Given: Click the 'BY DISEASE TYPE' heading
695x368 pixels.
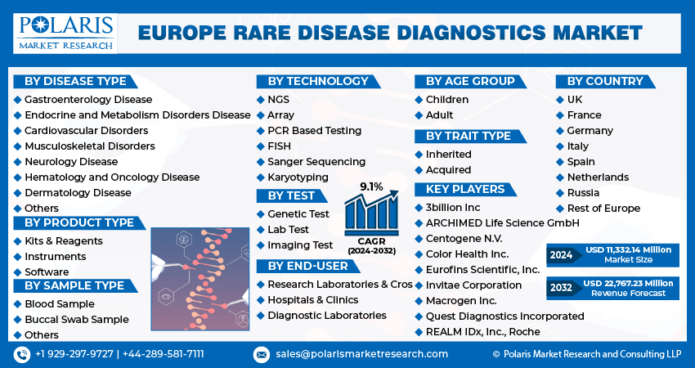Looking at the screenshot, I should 75,81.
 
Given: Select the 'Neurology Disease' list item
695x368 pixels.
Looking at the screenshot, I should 71,162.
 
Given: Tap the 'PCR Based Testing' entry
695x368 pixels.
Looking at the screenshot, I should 314,131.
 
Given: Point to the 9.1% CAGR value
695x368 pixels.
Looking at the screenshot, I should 372,186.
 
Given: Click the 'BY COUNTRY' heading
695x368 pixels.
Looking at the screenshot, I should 605,81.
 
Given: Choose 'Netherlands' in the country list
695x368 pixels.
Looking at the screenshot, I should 598,177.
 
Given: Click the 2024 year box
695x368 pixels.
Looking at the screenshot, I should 561,255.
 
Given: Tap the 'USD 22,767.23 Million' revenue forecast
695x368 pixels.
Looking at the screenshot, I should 629,283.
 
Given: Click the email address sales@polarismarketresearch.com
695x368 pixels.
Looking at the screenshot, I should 361,354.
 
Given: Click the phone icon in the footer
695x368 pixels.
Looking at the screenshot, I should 22,354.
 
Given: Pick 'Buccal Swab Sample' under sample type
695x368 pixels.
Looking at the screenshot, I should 76,320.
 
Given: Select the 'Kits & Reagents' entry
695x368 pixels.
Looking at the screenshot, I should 64,241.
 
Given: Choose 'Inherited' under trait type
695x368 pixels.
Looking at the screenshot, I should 449,155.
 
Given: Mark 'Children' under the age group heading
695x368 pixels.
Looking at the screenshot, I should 447,100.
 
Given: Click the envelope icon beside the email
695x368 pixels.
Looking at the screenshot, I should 261,354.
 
